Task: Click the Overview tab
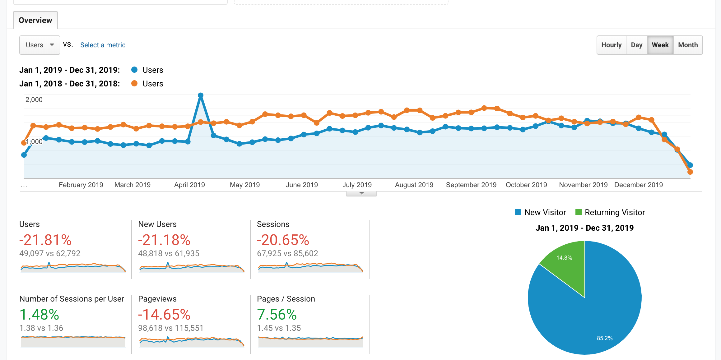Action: [x=35, y=21]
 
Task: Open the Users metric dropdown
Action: [x=40, y=45]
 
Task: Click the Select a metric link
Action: [x=103, y=45]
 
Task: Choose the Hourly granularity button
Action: [x=611, y=45]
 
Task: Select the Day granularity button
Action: [x=636, y=45]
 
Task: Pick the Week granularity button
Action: [x=660, y=45]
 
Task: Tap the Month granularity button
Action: [x=688, y=45]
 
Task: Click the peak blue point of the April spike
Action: [x=201, y=95]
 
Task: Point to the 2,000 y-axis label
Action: [x=34, y=100]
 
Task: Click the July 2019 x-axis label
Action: [x=357, y=185]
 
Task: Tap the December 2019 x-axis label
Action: [x=639, y=185]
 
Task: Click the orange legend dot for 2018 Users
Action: [x=134, y=83]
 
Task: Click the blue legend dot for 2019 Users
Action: [x=134, y=70]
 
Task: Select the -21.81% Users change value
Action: [x=45, y=240]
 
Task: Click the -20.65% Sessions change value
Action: [x=283, y=240]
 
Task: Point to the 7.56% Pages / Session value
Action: [x=277, y=315]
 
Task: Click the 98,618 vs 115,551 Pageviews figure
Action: [x=171, y=328]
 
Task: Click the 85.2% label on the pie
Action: [x=604, y=338]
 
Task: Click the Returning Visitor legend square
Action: [x=579, y=212]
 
